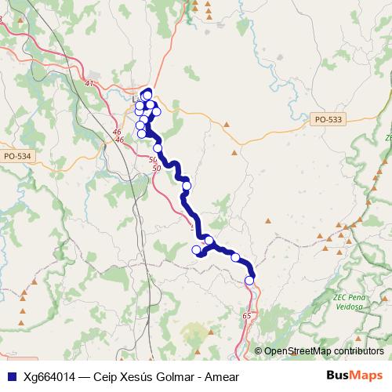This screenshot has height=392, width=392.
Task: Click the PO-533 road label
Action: click(x=326, y=119)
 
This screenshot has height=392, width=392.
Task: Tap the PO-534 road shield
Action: click(x=16, y=156)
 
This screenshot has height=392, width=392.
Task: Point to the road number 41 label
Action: click(x=89, y=83)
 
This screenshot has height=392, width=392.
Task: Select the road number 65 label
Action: click(x=247, y=315)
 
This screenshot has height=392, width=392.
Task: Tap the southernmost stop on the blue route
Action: click(x=250, y=280)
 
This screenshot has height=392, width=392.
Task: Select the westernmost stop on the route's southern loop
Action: click(x=197, y=250)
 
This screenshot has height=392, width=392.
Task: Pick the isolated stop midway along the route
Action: click(x=187, y=186)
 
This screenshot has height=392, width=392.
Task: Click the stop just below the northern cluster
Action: click(x=158, y=148)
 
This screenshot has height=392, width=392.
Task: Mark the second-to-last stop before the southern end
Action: click(x=235, y=257)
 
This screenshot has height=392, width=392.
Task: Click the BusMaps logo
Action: click(x=360, y=376)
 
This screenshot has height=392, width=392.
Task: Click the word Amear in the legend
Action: click(x=221, y=376)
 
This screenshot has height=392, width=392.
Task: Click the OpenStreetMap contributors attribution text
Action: click(x=324, y=351)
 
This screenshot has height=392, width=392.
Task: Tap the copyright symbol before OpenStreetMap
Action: click(x=259, y=351)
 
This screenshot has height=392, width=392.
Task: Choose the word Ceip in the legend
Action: click(x=106, y=376)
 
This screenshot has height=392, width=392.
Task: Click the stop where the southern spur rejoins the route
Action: click(x=209, y=240)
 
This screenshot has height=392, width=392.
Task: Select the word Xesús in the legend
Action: click(x=136, y=376)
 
